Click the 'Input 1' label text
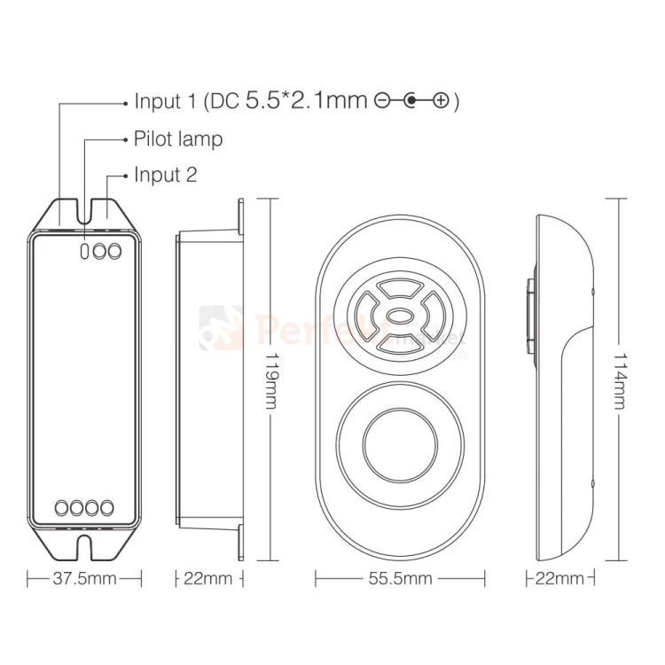coord(165,101)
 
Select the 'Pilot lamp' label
coord(178,139)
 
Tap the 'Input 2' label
coord(166,174)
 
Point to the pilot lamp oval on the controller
coord(85,252)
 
